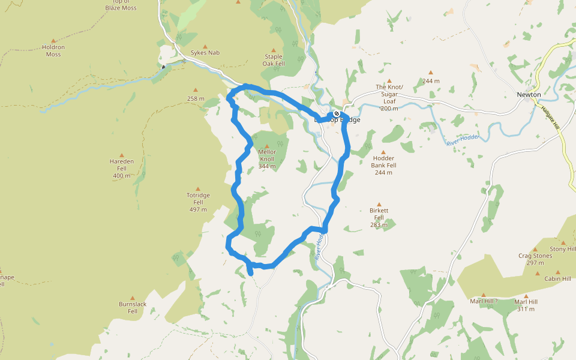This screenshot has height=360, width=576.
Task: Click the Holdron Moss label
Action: pos(53,50)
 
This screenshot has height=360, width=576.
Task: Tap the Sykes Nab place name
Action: pos(205,53)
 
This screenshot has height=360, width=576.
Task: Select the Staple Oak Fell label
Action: pos(274,60)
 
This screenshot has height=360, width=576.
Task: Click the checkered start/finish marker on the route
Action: pos(337,114)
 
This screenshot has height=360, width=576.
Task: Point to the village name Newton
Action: pos(529,95)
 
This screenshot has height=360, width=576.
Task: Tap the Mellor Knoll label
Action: pos(267,155)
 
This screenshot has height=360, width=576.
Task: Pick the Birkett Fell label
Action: pos(379,214)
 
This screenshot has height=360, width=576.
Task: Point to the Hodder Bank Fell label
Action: pos(383,161)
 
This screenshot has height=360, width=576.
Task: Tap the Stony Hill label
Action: pos(563,249)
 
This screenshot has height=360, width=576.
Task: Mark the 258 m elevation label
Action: pos(196,98)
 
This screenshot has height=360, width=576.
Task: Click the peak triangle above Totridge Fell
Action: pos(198,188)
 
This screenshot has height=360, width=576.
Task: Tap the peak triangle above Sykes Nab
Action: pos(205,46)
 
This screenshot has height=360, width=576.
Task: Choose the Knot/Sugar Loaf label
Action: pos(389,94)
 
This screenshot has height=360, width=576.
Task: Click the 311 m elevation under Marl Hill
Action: pos(526,309)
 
